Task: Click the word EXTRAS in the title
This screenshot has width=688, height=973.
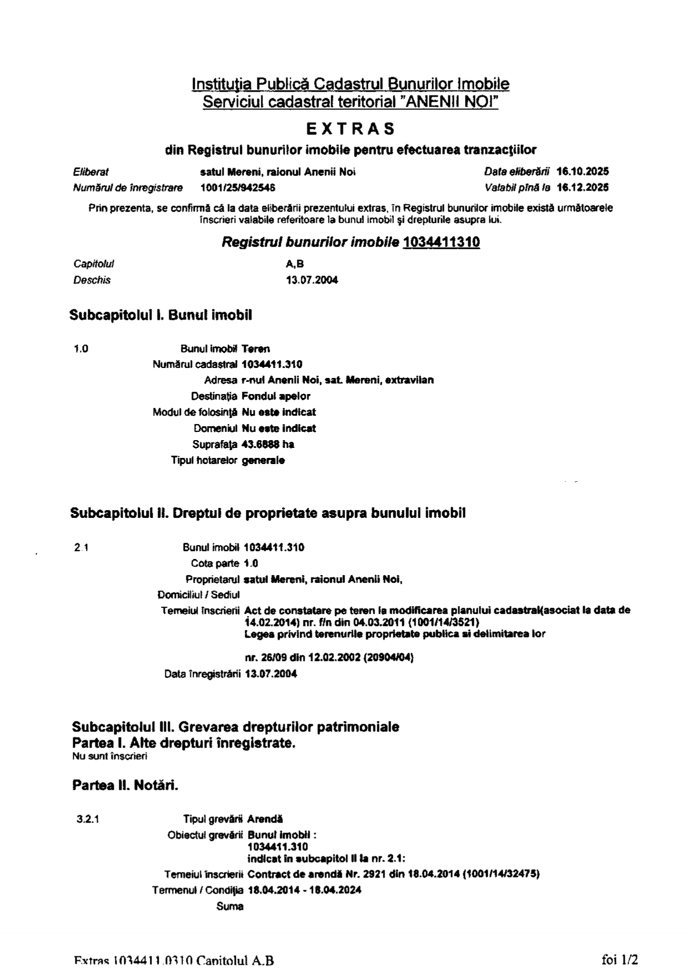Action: point(351,129)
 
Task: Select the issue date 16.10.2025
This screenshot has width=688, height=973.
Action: point(582,172)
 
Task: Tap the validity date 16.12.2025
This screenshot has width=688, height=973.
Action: point(582,188)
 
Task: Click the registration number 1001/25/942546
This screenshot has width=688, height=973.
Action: point(238,188)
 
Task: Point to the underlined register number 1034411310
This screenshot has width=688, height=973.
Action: point(441,243)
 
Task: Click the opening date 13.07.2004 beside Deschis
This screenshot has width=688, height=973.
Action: point(311,280)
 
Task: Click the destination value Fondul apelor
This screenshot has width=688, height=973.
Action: point(276,396)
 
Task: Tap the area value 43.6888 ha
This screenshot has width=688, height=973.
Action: point(268,444)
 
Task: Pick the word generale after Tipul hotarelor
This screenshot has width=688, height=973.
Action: point(263,460)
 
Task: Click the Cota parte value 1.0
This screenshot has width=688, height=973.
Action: point(251,563)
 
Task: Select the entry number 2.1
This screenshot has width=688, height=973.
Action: point(82,547)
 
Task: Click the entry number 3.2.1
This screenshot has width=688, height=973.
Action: point(88,819)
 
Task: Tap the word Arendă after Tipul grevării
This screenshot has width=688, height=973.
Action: point(265,819)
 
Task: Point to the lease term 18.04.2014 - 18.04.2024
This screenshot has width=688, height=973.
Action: point(304,890)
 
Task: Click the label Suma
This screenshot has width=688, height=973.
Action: point(230,906)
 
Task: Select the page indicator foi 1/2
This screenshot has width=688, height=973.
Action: point(620,959)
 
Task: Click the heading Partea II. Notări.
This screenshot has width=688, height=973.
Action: point(125,785)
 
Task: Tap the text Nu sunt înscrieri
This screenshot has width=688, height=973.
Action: point(109,755)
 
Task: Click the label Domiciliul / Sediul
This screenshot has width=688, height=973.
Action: point(198,595)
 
